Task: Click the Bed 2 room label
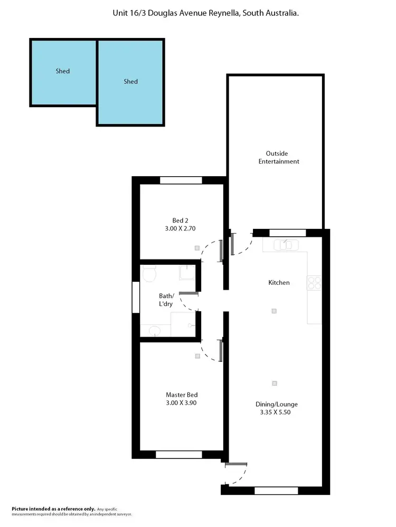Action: tap(180, 221)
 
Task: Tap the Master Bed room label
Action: tap(182, 395)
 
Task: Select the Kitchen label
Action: tap(279, 283)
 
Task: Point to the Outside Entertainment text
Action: tap(279, 157)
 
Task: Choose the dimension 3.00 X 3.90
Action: tap(182, 403)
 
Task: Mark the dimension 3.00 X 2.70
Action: tap(180, 228)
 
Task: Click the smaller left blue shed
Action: tap(63, 72)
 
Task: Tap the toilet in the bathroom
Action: tap(149, 274)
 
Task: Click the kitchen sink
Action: tap(285, 244)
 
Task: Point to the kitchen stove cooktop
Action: tap(315, 283)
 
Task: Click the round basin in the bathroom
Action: tap(154, 331)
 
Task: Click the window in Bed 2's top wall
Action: tap(181, 180)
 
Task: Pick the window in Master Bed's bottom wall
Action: tap(178, 454)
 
